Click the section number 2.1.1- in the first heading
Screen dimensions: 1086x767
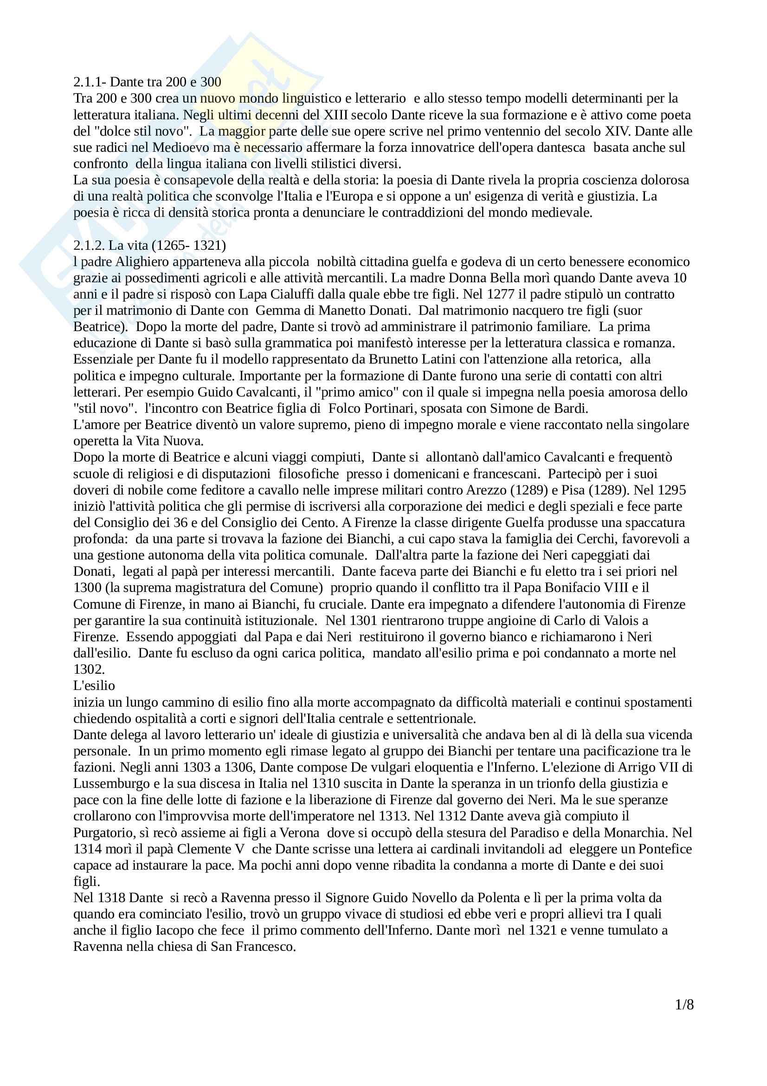coord(90,82)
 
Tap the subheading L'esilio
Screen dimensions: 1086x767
coord(94,685)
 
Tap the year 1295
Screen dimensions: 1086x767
coord(671,490)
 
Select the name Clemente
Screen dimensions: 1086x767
coord(206,849)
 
